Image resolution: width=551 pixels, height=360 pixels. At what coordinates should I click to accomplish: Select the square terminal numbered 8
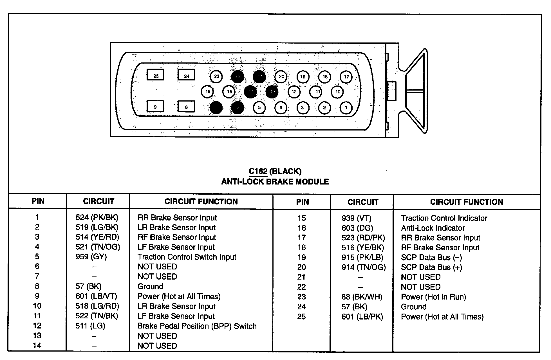tap(186, 107)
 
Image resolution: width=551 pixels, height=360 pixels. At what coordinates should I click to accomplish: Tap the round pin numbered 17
tap(346, 77)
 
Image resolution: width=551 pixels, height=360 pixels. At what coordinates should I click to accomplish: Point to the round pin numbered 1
tap(346, 108)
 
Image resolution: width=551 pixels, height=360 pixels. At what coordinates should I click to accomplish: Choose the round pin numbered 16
tap(208, 91)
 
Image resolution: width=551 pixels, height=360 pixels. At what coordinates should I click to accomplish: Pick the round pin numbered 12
tap(294, 92)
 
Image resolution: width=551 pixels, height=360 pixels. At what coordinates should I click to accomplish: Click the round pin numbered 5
tap(259, 108)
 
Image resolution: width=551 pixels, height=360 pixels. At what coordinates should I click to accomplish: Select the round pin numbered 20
tap(281, 76)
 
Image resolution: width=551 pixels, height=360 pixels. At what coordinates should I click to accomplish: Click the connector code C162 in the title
tap(258, 171)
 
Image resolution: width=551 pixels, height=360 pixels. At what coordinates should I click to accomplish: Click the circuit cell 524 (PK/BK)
tap(97, 217)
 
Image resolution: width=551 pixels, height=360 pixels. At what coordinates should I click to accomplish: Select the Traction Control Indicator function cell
tap(444, 218)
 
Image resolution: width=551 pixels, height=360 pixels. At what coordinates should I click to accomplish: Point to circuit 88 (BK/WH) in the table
tap(362, 297)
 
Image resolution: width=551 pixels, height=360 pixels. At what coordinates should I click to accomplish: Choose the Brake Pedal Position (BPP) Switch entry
tap(197, 326)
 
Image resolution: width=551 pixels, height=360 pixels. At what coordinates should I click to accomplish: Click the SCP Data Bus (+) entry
tap(431, 267)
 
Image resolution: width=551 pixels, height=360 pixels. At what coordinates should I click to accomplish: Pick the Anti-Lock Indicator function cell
tap(433, 228)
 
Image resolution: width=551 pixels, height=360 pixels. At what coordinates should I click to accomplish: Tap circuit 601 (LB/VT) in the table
tap(96, 296)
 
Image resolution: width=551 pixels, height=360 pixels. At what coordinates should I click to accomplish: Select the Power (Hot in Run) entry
tap(433, 297)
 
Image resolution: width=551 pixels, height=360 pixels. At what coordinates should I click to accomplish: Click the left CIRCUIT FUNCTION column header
tap(201, 201)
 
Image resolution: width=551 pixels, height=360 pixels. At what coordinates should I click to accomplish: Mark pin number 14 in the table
tap(37, 345)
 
